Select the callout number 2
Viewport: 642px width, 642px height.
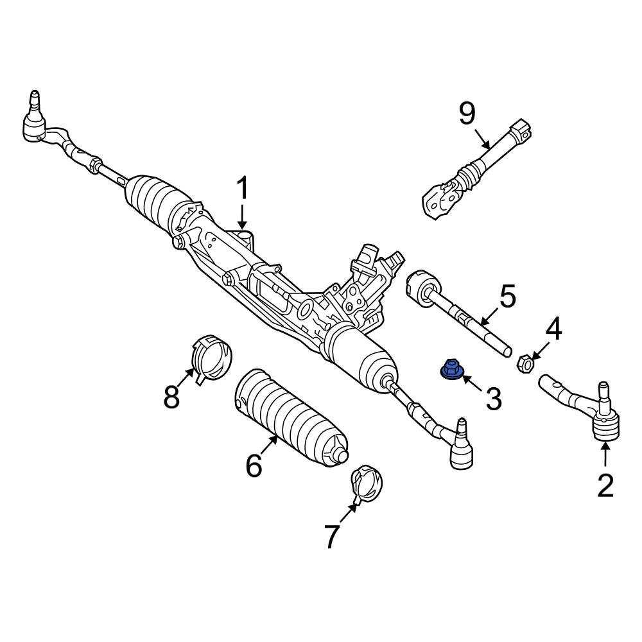[x=605, y=485]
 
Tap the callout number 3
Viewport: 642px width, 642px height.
[x=493, y=399]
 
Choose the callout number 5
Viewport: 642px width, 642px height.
[x=508, y=298]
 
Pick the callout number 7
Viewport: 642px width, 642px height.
[x=332, y=536]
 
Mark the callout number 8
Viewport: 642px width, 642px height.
[x=171, y=396]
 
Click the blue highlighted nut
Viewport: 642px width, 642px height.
[x=451, y=369]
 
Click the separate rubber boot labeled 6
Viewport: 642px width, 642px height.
[x=291, y=419]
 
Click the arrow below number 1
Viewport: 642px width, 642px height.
[x=243, y=217]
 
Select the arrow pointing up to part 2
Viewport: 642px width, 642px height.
[x=605, y=456]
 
